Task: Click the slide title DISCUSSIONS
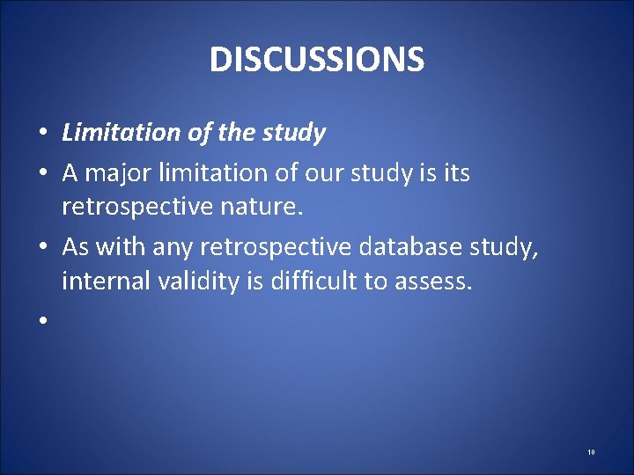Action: point(317,60)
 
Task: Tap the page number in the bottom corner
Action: point(591,452)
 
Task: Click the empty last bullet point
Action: point(41,322)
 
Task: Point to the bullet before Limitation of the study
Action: point(41,134)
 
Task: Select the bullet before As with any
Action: point(41,248)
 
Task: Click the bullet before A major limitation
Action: point(41,174)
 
